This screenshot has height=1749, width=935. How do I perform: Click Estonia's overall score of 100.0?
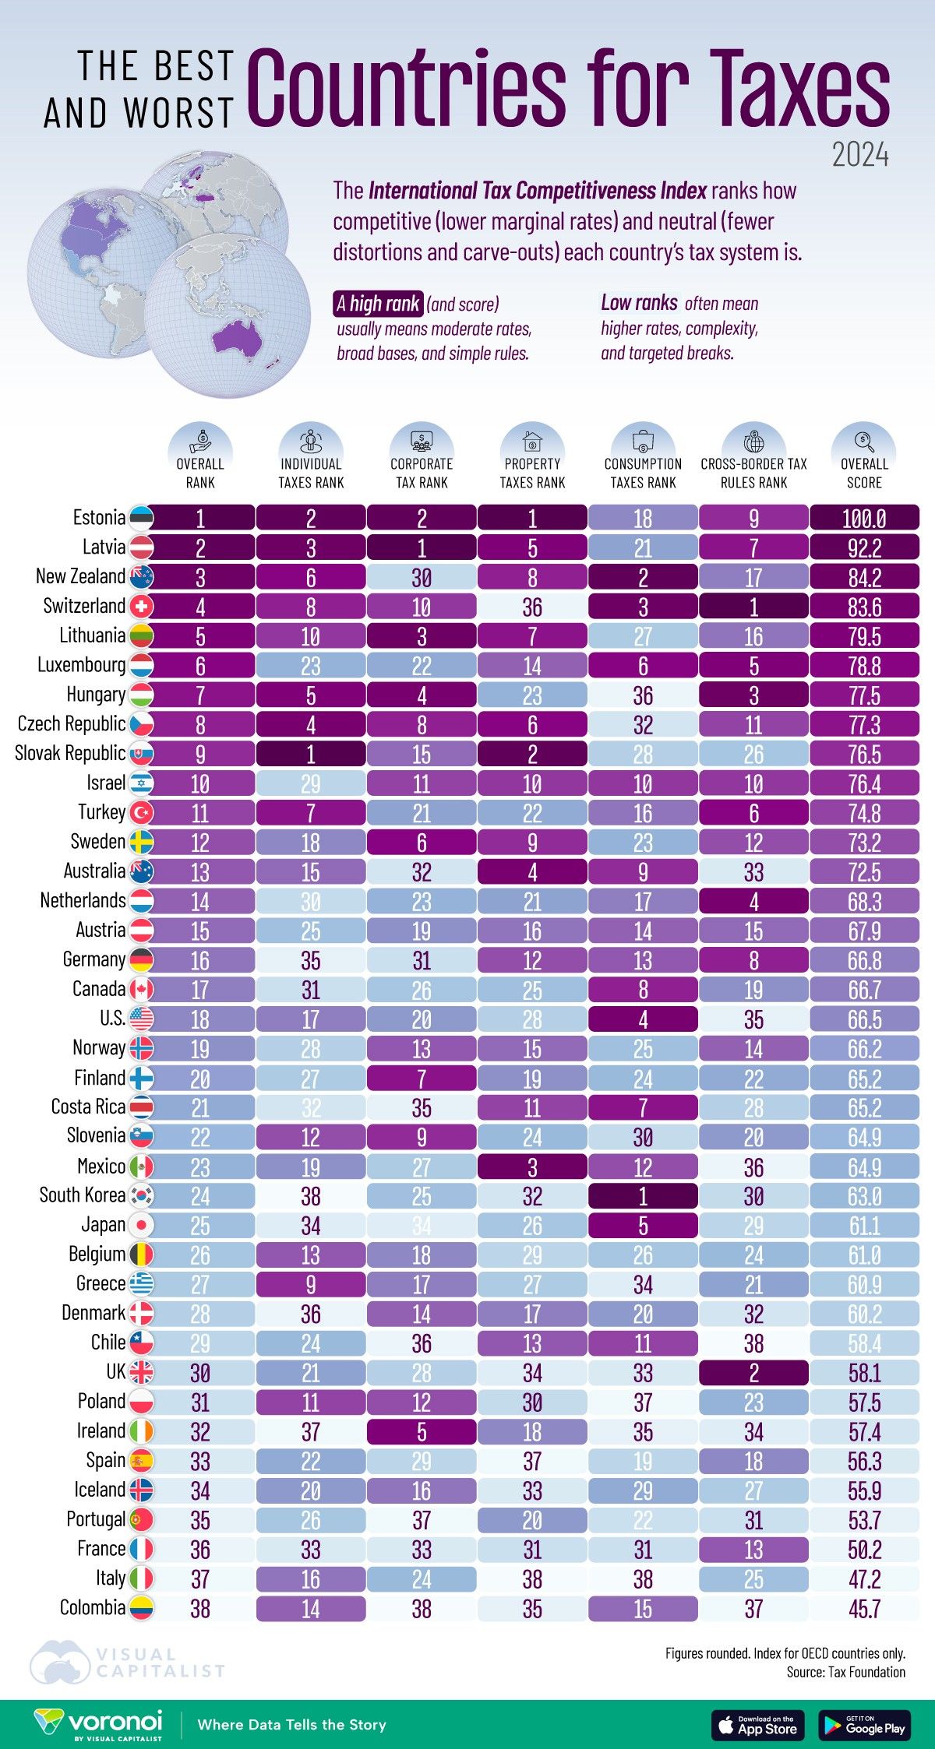(x=864, y=519)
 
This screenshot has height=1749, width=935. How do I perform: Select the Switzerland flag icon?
(x=142, y=607)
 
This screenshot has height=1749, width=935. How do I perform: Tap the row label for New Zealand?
(x=80, y=576)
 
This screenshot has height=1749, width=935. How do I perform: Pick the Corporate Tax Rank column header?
(x=422, y=473)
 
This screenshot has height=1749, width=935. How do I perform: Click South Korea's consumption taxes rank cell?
(x=643, y=1196)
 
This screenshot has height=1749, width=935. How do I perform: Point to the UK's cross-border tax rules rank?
(x=753, y=1373)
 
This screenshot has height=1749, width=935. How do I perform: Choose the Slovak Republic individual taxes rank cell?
(x=311, y=754)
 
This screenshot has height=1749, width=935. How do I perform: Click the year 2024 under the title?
(x=859, y=155)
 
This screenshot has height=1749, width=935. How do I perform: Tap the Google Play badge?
(x=864, y=1726)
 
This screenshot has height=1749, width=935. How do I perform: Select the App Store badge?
(x=757, y=1726)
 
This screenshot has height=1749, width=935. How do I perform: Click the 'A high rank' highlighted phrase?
(x=379, y=303)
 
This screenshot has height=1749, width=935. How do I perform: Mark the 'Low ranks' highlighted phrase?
(x=639, y=302)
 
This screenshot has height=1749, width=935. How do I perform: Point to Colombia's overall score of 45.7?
(x=864, y=1609)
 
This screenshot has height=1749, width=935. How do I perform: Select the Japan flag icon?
(x=142, y=1226)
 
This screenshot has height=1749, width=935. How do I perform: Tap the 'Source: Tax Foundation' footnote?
(x=845, y=1672)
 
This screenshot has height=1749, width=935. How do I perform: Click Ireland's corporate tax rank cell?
(x=422, y=1432)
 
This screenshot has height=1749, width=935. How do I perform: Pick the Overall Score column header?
(x=864, y=473)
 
